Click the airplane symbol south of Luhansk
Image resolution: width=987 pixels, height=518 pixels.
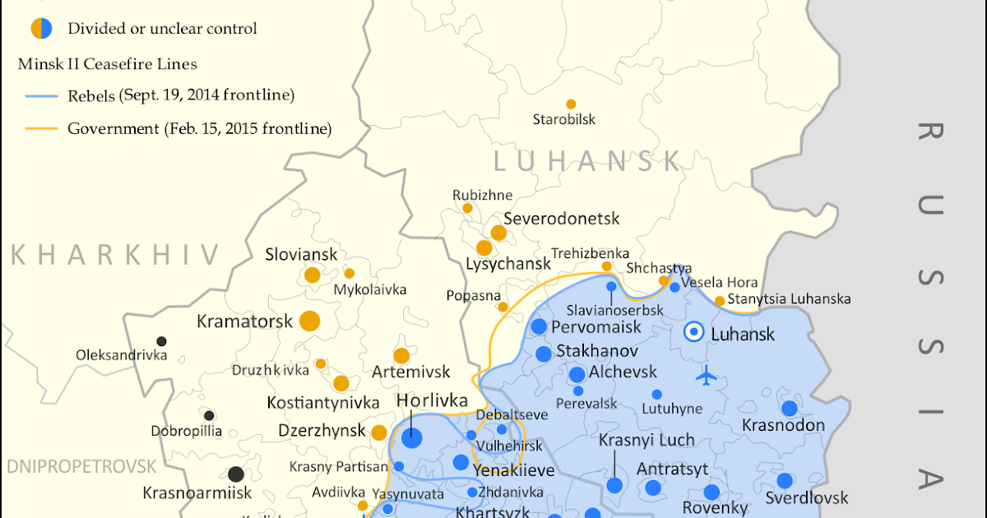pyautogui.click(x=706, y=377)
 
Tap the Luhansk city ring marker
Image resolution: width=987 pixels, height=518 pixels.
pyautogui.click(x=694, y=332)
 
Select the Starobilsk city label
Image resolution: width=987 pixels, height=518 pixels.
pyautogui.click(x=564, y=120)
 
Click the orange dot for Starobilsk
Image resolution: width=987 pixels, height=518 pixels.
pyautogui.click(x=571, y=104)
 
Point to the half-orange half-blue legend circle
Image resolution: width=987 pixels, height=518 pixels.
pyautogui.click(x=41, y=29)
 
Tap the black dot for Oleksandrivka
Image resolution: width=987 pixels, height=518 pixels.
pyautogui.click(x=162, y=341)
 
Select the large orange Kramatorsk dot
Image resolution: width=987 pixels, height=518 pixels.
pyautogui.click(x=309, y=321)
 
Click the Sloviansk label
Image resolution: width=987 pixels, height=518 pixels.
pyautogui.click(x=301, y=255)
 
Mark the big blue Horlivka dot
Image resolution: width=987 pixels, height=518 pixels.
pyautogui.click(x=411, y=437)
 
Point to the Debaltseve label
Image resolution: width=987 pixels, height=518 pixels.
pyautogui.click(x=512, y=414)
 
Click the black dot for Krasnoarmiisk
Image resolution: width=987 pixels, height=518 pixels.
pyautogui.click(x=236, y=474)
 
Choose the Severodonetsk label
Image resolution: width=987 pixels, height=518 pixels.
pyautogui.click(x=561, y=219)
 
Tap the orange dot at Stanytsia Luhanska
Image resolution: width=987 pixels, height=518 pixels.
pyautogui.click(x=720, y=301)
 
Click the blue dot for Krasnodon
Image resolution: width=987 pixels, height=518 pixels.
pyautogui.click(x=790, y=408)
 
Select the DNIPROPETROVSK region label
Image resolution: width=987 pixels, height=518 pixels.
pyautogui.click(x=81, y=467)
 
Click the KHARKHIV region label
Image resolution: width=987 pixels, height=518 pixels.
pyautogui.click(x=115, y=255)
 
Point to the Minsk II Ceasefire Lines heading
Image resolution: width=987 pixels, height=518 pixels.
pyautogui.click(x=108, y=63)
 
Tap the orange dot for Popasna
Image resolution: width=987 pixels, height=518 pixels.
pyautogui.click(x=503, y=307)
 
